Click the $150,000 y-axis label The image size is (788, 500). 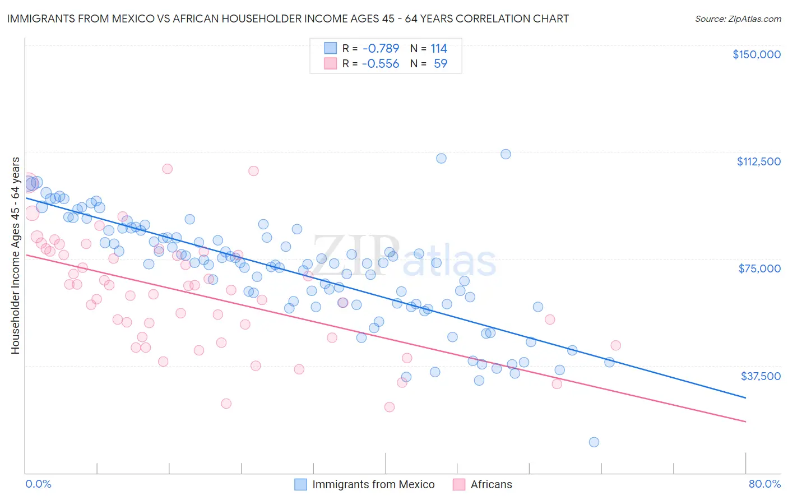coord(756,54)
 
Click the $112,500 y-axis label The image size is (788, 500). coord(758,161)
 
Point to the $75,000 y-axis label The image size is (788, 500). coord(759,268)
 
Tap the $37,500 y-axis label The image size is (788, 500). coord(761,376)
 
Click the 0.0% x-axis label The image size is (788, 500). coord(38,484)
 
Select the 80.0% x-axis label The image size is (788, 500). coord(764,484)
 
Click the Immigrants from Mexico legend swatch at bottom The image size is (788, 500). coord(301,484)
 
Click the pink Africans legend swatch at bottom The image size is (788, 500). coord(459,484)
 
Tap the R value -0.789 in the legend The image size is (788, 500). coord(380,49)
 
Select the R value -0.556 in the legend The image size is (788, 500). coord(380,64)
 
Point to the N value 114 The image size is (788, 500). coord(439,49)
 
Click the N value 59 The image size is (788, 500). coord(441,64)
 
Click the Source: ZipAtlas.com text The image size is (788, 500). coord(738,19)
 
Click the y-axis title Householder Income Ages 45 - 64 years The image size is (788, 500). coord(16,256)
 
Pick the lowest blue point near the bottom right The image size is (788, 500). coord(594,442)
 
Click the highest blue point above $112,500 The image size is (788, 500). coord(506,154)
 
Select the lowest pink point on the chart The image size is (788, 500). coord(390,407)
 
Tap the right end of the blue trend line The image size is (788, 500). coord(745,398)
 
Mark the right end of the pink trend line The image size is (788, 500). coord(745,422)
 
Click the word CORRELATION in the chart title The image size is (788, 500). coord(483,19)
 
